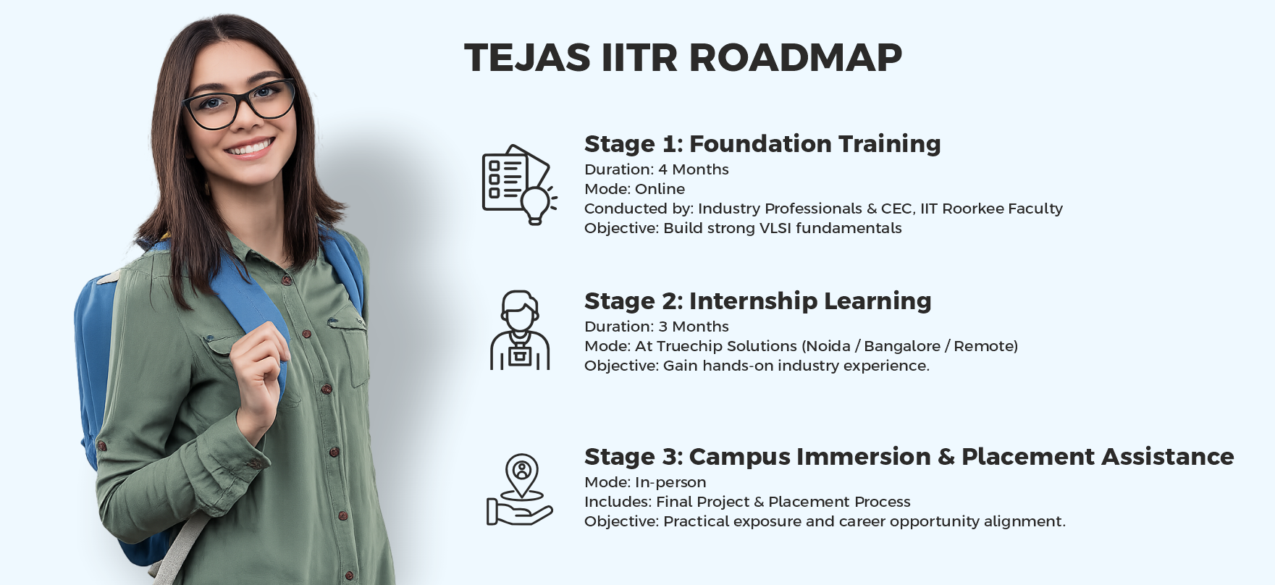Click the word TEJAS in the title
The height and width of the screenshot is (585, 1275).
[527, 58]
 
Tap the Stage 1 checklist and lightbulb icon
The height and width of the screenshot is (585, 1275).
[519, 184]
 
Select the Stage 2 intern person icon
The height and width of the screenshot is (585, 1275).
[520, 331]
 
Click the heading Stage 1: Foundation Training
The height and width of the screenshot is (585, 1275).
[762, 144]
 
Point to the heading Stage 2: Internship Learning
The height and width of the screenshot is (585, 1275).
[757, 301]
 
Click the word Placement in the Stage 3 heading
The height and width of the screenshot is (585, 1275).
[1027, 457]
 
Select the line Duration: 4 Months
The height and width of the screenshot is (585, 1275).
[656, 169]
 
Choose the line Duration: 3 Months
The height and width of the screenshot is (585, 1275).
[656, 327]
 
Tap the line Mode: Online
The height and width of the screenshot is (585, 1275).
[634, 189]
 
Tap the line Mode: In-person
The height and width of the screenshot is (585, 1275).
[644, 482]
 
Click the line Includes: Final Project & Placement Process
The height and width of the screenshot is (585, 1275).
[747, 502]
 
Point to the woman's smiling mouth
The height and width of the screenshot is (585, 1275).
[250, 148]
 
